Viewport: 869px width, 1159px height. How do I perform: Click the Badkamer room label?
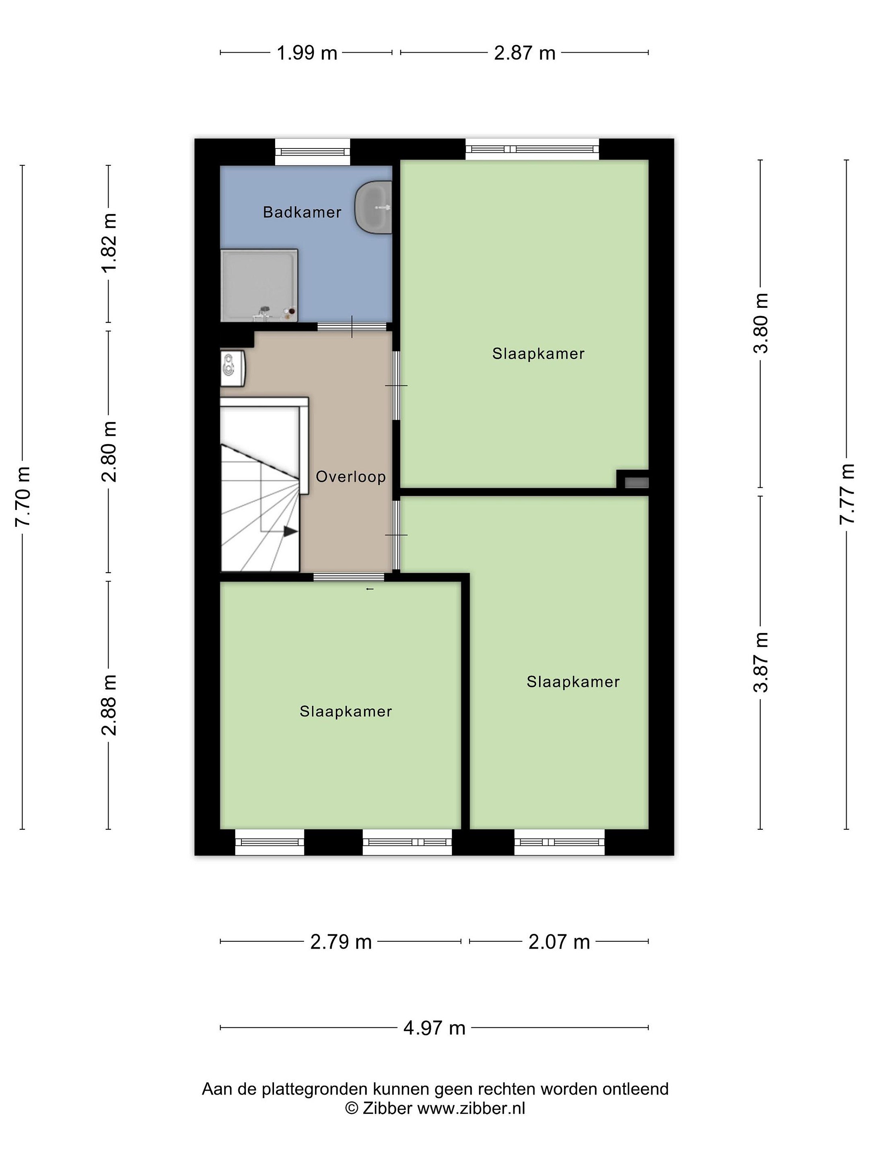302,212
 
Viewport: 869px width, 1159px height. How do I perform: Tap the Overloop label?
350,476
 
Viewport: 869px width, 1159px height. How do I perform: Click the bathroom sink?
373,207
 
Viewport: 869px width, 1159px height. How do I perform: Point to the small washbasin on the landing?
233,368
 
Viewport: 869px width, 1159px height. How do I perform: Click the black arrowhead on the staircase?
291,531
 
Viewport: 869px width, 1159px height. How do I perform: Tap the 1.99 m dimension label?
307,53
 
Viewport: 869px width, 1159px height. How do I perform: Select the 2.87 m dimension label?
524,53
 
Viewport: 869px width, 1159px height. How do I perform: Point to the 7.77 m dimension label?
846,494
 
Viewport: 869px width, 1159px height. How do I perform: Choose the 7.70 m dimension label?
23,496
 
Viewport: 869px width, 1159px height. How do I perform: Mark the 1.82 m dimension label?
109,243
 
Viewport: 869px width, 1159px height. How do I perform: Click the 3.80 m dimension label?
760,323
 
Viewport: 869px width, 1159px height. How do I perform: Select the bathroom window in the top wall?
312,152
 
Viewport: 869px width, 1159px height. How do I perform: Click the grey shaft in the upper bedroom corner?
636,483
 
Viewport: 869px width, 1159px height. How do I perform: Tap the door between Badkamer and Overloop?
352,326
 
